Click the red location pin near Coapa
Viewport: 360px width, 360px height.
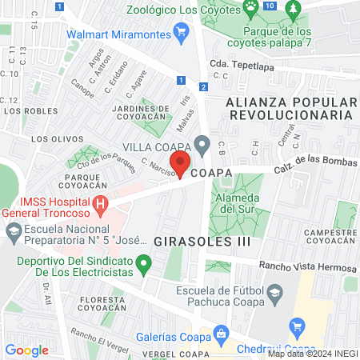click(181, 166)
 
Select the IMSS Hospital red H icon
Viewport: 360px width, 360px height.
click(100, 205)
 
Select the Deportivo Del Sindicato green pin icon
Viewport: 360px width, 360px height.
click(143, 262)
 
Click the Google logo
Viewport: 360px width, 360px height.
click(26, 350)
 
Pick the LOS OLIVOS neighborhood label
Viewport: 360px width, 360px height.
click(52, 138)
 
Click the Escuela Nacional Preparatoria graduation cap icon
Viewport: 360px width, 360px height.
click(13, 233)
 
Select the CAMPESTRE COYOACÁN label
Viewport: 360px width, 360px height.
click(330, 238)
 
